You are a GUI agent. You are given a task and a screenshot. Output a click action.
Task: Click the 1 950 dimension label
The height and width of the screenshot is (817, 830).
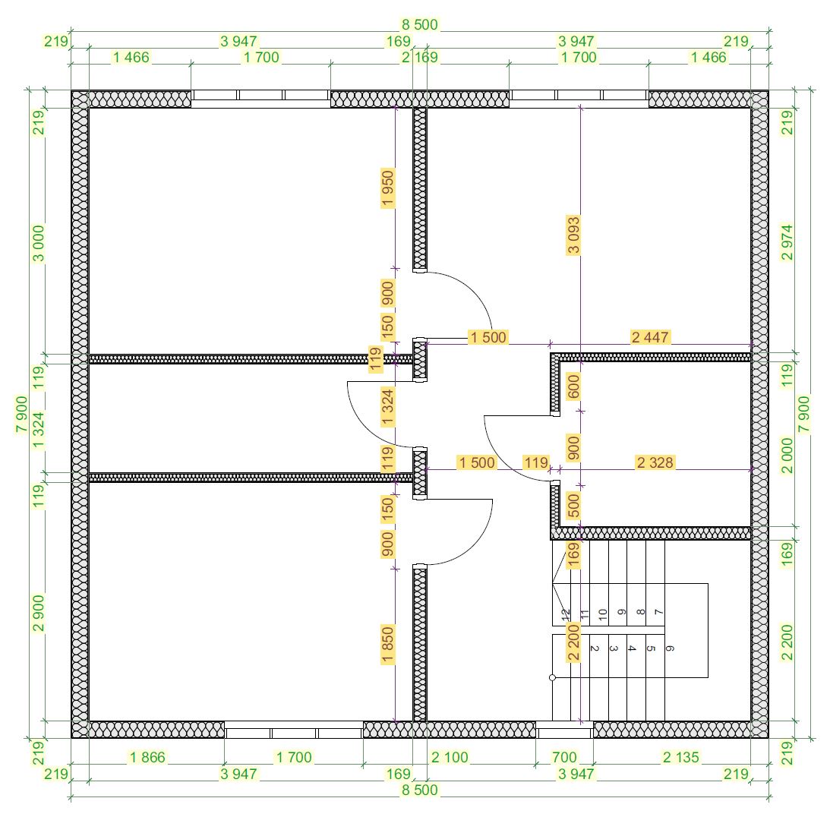click(x=387, y=188)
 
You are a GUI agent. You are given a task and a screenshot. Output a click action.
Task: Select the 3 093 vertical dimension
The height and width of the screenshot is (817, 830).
click(x=573, y=235)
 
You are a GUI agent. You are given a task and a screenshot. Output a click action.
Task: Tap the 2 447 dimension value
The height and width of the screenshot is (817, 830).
click(x=650, y=337)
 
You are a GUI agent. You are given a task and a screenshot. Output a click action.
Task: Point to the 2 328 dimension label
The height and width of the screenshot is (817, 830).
click(x=655, y=462)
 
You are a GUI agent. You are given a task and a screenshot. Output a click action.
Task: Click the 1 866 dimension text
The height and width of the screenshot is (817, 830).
click(x=147, y=757)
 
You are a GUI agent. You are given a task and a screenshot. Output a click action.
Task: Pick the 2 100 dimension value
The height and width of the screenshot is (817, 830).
click(x=450, y=757)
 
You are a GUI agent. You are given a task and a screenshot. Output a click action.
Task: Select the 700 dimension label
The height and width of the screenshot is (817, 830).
click(x=564, y=757)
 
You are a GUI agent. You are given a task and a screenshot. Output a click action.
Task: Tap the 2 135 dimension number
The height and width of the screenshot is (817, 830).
click(x=681, y=757)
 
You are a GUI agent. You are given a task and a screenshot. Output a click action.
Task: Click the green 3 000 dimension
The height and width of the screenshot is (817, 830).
click(x=39, y=244)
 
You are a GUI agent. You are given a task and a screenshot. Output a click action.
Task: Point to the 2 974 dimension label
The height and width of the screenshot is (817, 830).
click(x=787, y=242)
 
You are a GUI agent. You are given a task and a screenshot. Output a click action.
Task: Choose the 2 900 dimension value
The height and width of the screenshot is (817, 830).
click(x=39, y=614)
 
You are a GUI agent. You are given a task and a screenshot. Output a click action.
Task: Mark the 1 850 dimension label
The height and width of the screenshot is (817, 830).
click(x=387, y=645)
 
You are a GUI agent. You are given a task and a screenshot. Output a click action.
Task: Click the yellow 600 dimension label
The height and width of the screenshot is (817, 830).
click(x=573, y=386)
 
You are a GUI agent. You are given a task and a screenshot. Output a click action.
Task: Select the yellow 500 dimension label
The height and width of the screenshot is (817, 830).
click(x=573, y=506)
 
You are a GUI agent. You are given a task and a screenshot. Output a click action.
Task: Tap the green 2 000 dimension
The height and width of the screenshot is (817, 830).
click(x=787, y=456)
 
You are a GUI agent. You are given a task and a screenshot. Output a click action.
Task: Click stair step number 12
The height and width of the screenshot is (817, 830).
click(x=565, y=614)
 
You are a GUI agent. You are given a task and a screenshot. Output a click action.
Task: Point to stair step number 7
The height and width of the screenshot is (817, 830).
click(x=658, y=612)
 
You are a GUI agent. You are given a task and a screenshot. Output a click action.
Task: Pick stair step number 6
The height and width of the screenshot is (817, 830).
click(x=670, y=648)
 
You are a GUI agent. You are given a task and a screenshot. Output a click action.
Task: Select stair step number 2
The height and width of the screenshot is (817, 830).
click(x=595, y=648)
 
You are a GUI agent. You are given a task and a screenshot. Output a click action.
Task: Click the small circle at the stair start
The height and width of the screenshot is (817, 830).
click(x=553, y=677)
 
